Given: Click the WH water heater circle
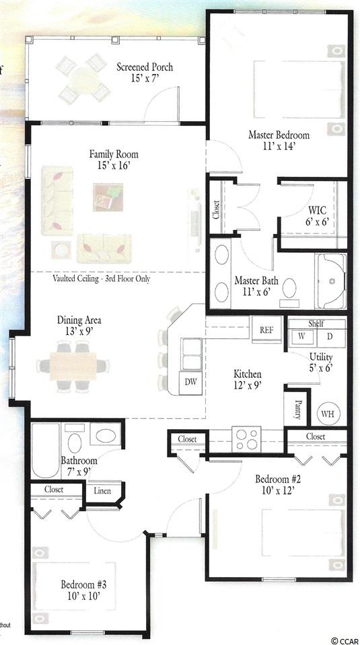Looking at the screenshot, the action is point(328,414).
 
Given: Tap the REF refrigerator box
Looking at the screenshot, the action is point(267,330).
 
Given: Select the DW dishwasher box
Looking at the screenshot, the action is point(190,382).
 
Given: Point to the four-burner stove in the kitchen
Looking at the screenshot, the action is point(246,439).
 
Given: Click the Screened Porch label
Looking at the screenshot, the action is point(145,67).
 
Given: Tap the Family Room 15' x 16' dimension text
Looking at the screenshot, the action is point(114,165).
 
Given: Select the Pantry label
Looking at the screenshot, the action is point(298,409).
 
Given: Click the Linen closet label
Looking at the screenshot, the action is point(102,491).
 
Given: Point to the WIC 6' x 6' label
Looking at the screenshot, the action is point(317,216).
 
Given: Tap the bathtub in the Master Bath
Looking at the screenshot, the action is point(331,280).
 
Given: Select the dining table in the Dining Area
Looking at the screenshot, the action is point(73,366).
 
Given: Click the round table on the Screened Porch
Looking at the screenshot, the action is point(85,78).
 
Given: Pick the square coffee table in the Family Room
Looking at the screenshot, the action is point(108,198).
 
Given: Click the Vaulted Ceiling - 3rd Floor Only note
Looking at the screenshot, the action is point(101,278).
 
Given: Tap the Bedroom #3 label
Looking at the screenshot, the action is point(83,584).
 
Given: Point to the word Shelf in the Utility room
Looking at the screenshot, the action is point(316,324).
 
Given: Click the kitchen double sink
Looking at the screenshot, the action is point(192,354).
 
